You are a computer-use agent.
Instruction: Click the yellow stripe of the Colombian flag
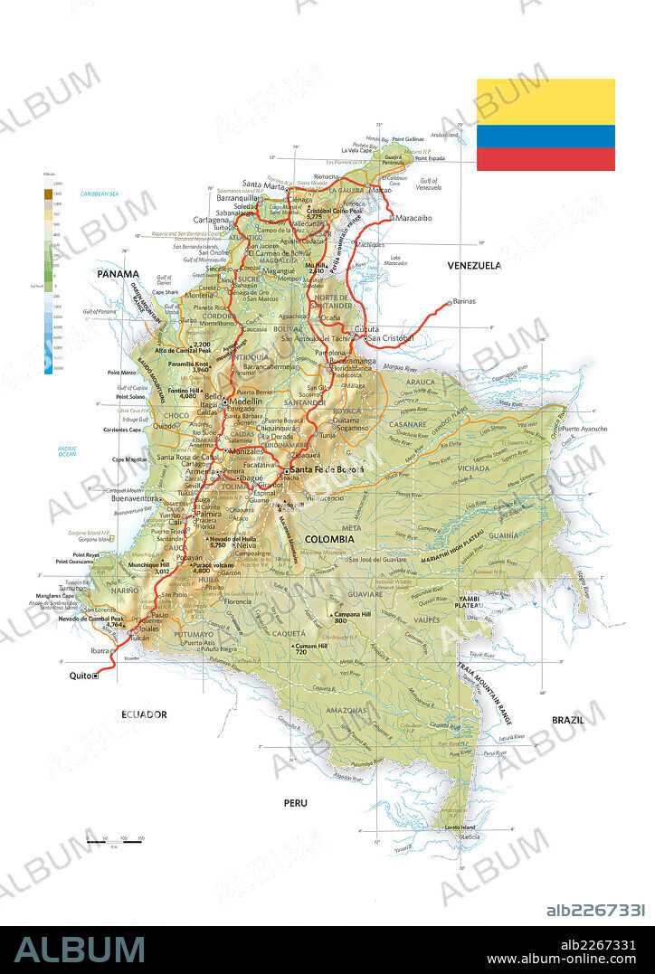pos(546,101)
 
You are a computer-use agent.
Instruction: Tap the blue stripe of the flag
pos(546,136)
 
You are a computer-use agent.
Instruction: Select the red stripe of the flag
pos(546,159)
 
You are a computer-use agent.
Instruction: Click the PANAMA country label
pos(119,274)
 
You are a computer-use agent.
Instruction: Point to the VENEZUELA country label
pos(474,266)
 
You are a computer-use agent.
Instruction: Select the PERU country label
pos(295,803)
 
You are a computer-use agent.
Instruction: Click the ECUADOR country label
pos(145,714)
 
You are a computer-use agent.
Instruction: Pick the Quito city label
pos(80,676)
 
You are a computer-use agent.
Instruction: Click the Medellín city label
pos(245,402)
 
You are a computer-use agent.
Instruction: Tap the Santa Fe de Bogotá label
pos(327,470)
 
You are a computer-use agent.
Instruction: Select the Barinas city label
pos(464,301)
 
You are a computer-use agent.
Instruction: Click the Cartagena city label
pos(211,220)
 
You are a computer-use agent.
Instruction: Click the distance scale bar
pos(116,840)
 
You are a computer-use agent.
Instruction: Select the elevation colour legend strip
pos(48,280)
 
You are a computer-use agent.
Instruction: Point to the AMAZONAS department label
pos(346,712)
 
